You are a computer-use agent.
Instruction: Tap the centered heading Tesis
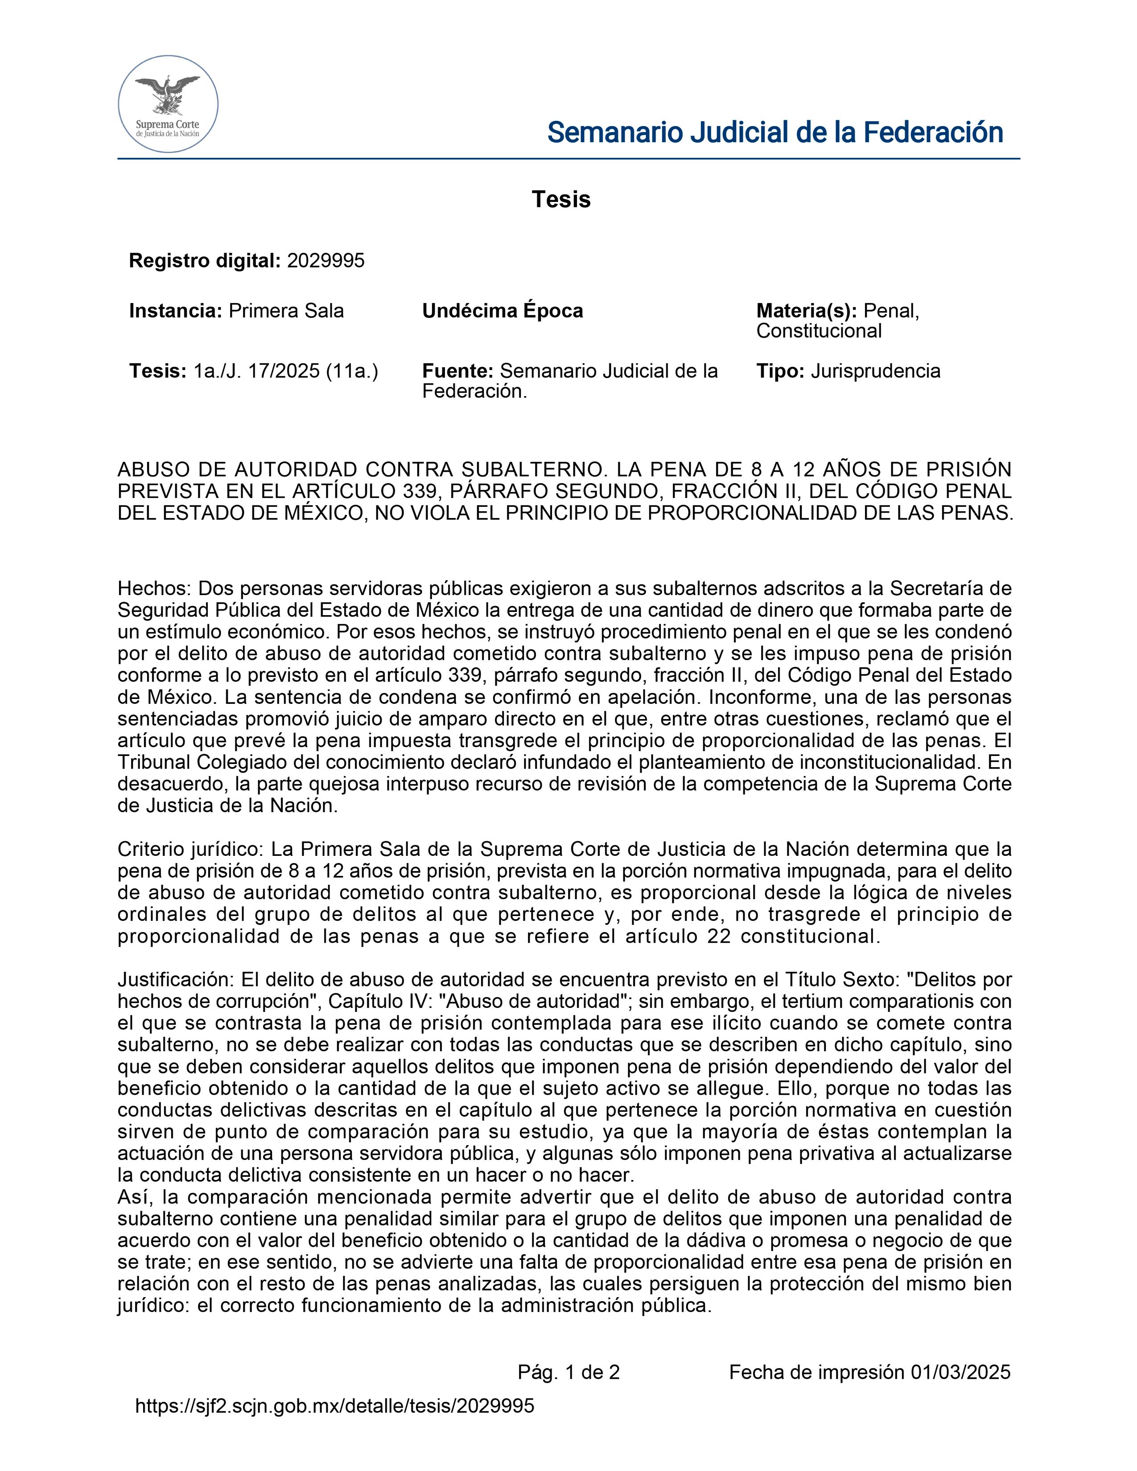(561, 199)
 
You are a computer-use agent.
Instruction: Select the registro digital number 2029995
(325, 261)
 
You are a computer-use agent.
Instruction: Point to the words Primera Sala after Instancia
(286, 311)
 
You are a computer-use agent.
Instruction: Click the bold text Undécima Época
(503, 311)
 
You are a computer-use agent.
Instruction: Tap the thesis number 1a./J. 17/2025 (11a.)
(286, 371)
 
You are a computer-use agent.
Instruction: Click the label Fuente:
(458, 371)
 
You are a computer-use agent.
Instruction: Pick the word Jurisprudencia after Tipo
(876, 371)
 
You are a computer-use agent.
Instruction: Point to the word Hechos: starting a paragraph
(155, 589)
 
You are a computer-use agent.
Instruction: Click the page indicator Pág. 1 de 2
(568, 1372)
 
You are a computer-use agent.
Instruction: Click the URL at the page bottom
(335, 1405)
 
